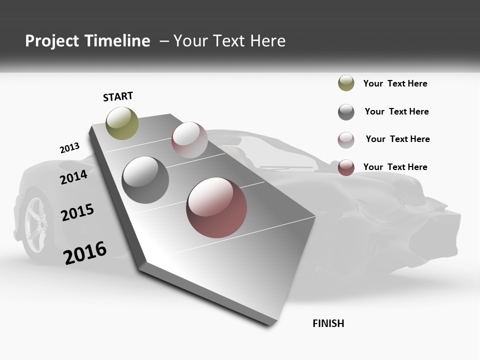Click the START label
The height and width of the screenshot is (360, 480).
[118, 96]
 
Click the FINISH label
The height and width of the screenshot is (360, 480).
[328, 323]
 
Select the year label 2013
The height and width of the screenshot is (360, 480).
[69, 148]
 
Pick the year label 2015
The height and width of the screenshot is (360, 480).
[77, 212]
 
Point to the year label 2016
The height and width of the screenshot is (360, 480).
[85, 252]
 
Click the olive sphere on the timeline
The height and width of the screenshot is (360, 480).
[122, 123]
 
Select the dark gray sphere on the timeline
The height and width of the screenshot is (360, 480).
[145, 180]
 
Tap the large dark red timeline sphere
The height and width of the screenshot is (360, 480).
[216, 207]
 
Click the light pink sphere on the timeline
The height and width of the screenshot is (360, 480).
[189, 140]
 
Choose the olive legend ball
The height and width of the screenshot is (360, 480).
[346, 83]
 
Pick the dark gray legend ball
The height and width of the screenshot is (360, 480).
[346, 112]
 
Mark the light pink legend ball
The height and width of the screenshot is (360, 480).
[346, 140]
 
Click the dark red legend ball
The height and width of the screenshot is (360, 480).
[346, 167]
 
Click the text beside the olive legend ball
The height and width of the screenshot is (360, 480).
[395, 83]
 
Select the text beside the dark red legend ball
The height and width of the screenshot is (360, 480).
[395, 167]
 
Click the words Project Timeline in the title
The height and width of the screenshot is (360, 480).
[87, 41]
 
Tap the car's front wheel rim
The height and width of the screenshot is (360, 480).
[35, 220]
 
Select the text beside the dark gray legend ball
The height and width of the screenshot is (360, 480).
[396, 111]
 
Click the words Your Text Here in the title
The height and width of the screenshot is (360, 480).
[229, 41]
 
